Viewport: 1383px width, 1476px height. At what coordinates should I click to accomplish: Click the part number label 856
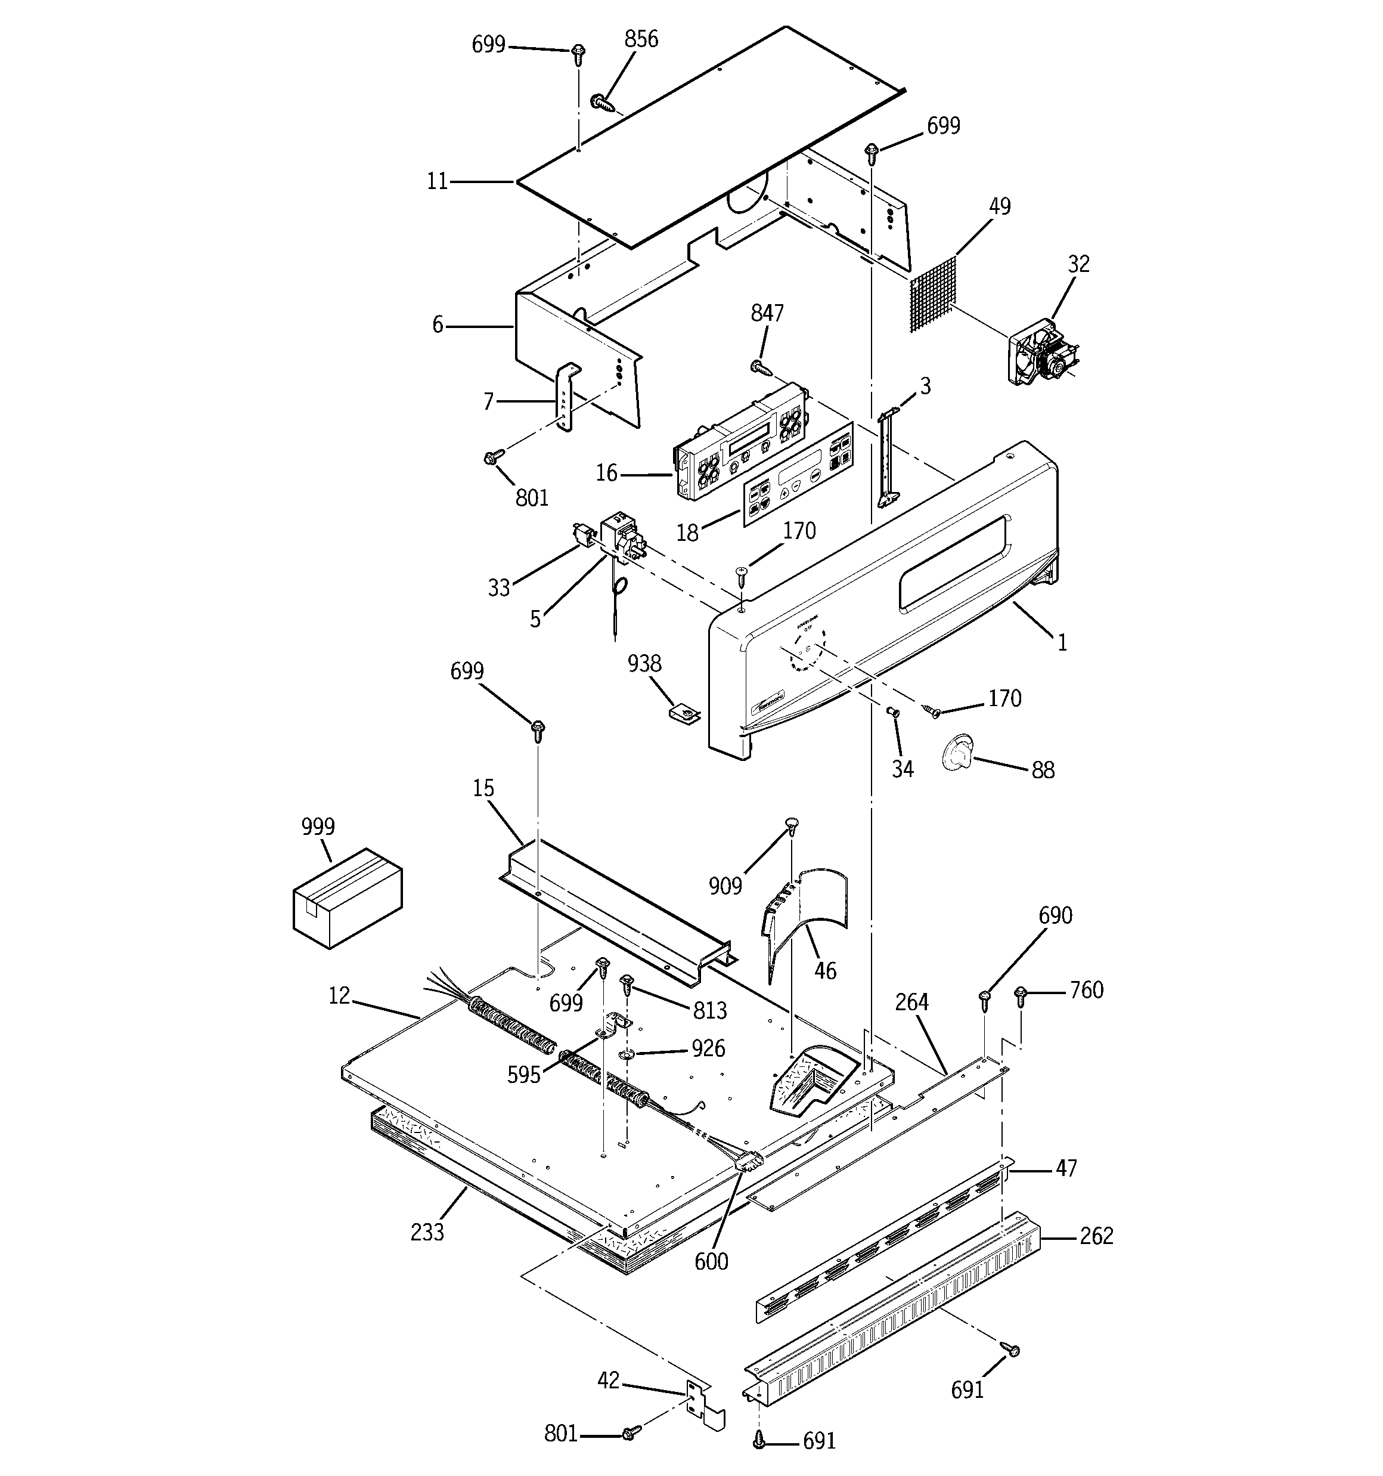point(641,39)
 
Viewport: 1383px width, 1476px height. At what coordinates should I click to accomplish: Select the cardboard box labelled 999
point(348,898)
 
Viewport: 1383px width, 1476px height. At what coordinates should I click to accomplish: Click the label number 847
point(767,313)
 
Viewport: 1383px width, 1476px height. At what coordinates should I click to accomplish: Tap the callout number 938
point(644,663)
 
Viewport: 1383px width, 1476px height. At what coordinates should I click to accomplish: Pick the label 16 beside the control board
point(606,473)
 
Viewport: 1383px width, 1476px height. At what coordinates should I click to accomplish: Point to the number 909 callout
point(724,886)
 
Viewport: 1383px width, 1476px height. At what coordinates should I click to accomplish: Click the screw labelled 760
point(1021,994)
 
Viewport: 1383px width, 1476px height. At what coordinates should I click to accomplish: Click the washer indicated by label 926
point(627,1056)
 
